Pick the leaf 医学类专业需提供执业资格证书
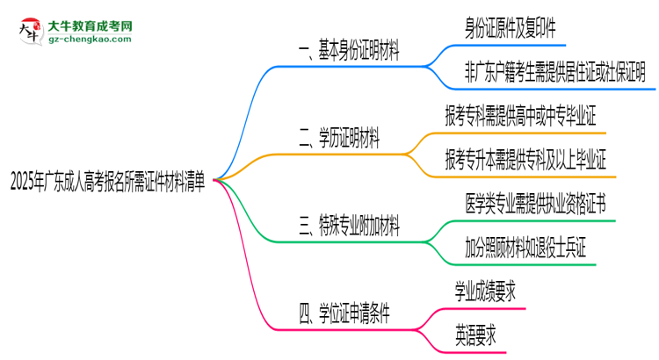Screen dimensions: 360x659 tap(534, 204)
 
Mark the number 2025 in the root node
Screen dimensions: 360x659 tap(24, 181)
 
